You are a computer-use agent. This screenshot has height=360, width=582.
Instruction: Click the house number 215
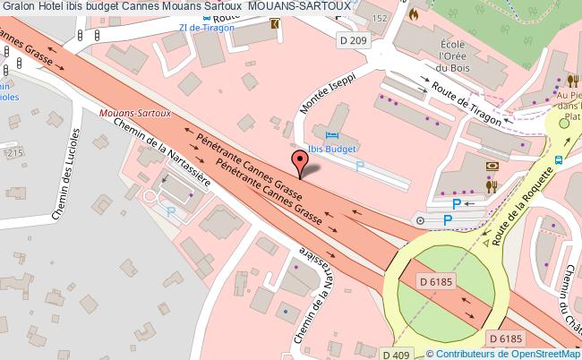pos(13,154)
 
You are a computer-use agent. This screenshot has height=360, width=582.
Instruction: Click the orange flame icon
pos(413,14)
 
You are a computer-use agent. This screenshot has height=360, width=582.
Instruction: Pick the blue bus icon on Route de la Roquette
pos(558,160)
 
